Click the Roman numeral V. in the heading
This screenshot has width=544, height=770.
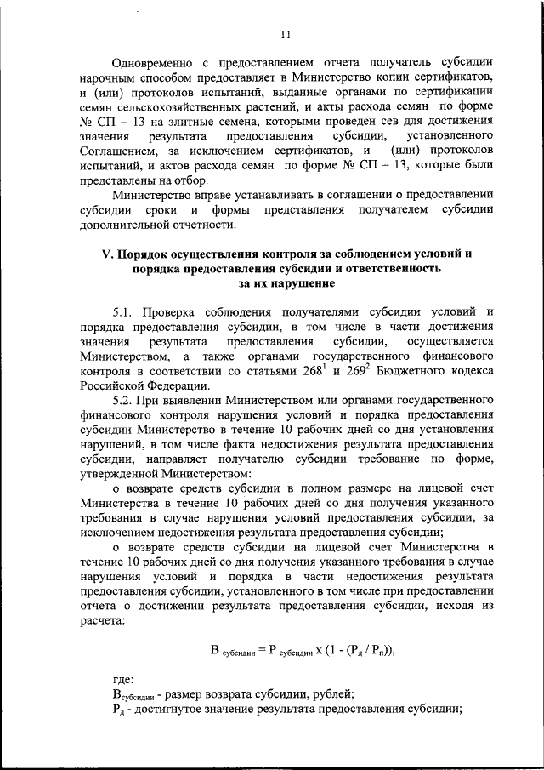click(x=107, y=254)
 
